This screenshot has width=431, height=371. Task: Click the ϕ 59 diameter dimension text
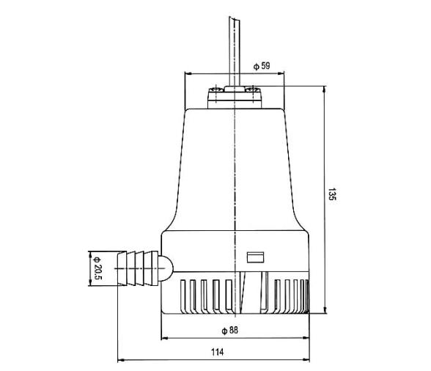click(x=262, y=66)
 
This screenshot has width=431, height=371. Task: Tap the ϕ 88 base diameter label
click(x=232, y=331)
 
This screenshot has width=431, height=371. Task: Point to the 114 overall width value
click(x=217, y=353)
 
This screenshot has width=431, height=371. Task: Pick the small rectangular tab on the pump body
click(x=256, y=257)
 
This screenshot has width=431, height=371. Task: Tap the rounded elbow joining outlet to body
click(x=165, y=268)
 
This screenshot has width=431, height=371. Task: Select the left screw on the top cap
click(x=215, y=92)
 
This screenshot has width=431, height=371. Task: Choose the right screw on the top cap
click(x=252, y=92)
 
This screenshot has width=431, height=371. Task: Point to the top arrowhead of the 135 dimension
click(x=324, y=88)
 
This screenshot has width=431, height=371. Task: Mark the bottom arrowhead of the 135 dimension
click(x=324, y=312)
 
